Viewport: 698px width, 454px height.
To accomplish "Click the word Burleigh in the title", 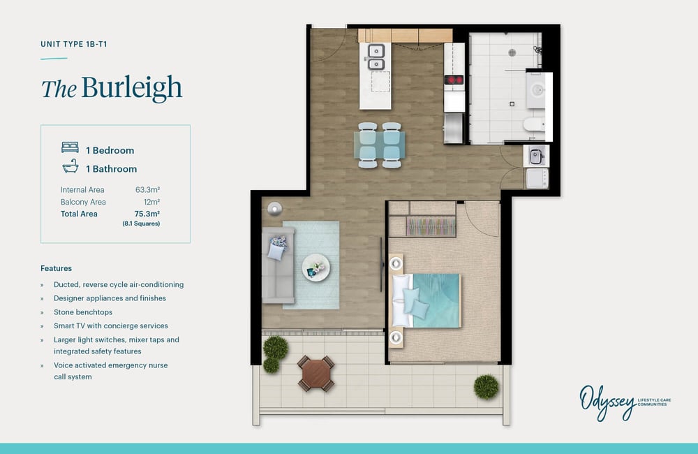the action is point(132,88).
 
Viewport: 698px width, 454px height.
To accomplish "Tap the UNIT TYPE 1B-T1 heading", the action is point(74,44).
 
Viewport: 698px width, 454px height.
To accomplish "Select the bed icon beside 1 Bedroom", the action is point(70,147).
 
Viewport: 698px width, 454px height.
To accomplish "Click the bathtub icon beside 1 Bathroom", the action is point(70,166).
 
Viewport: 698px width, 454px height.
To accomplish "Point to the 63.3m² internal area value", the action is point(147,190).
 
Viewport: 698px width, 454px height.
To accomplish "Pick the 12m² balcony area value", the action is point(151,202).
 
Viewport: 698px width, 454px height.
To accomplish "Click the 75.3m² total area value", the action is point(147,214).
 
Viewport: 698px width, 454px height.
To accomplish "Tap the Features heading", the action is point(56,268).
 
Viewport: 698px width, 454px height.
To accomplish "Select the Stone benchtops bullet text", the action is point(83,312).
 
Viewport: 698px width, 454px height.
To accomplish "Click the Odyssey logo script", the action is point(607,402).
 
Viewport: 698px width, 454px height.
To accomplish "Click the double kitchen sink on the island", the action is point(376,57).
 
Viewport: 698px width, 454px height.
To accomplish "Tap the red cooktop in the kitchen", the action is point(454,80).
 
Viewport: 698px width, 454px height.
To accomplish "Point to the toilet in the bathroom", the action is point(534,124).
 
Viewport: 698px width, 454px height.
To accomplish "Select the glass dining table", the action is point(379,145).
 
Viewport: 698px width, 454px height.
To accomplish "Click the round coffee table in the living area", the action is point(315,268).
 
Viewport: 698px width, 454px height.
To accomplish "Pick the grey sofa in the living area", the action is point(278,265).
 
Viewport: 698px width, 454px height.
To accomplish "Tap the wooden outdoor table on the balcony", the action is point(315,374).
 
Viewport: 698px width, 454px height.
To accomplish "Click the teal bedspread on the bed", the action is point(437,301).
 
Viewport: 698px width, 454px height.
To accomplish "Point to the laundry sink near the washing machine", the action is point(535,156).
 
